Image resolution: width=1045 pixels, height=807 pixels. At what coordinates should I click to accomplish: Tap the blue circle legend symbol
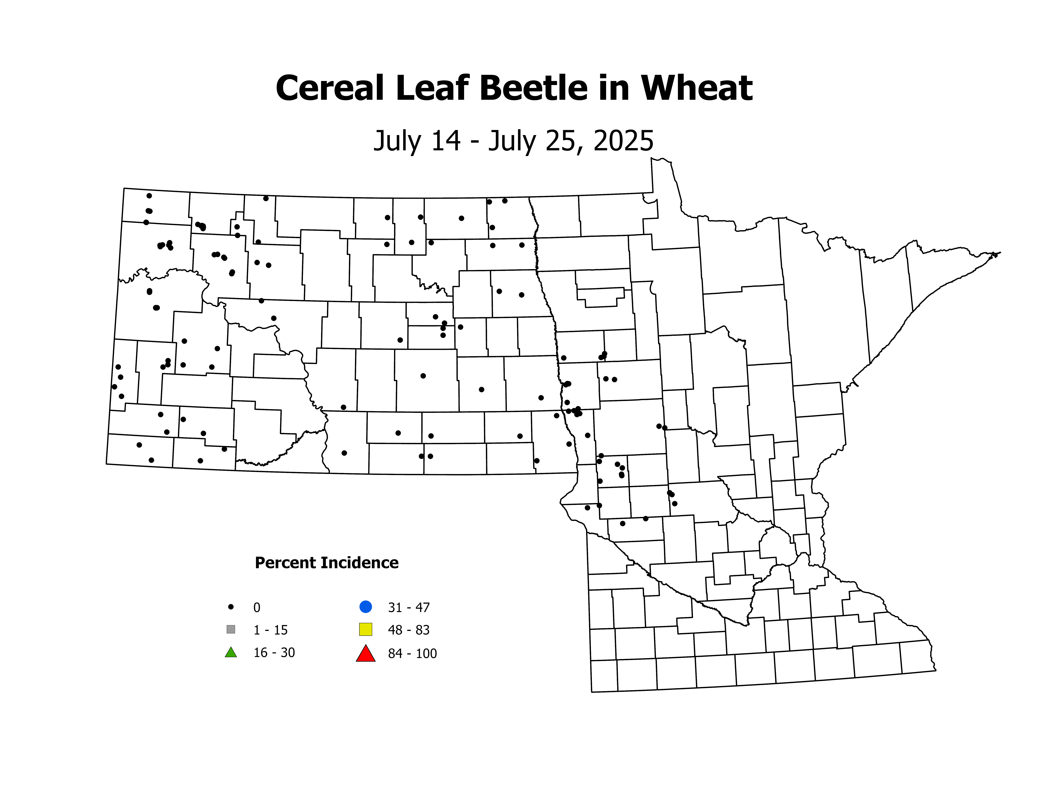(x=366, y=607)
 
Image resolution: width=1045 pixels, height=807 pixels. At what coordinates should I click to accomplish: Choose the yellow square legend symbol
(x=366, y=629)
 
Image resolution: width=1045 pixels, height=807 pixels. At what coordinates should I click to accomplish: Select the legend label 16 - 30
(x=274, y=653)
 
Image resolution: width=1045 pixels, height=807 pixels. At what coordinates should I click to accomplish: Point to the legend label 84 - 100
(x=412, y=654)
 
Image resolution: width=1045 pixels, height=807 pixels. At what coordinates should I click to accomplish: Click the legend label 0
(x=257, y=608)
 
